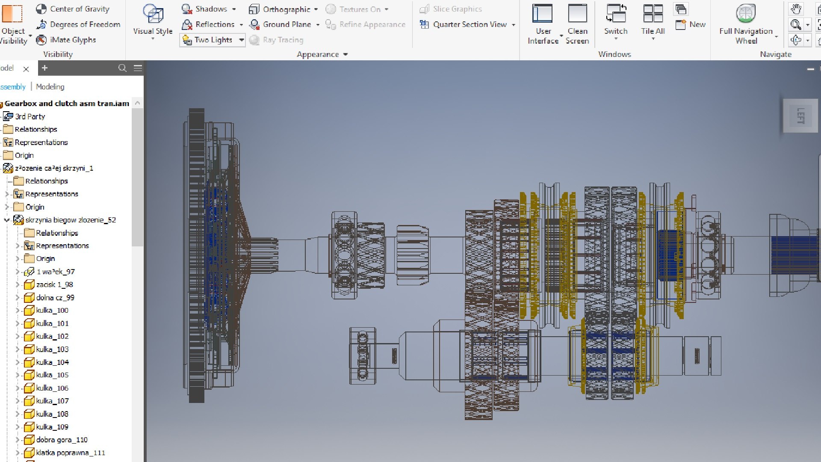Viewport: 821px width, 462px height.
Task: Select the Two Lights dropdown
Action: tap(213, 40)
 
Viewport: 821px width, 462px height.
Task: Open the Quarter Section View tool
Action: tap(469, 24)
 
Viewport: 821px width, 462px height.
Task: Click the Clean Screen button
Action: tap(577, 24)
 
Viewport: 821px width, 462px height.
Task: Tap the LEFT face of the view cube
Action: tap(800, 116)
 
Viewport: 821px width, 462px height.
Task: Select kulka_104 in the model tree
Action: tap(52, 362)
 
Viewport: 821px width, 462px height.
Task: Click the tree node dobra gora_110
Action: tap(62, 439)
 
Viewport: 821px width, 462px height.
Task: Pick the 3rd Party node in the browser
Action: tap(30, 116)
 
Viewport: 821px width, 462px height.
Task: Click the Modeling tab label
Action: tap(50, 86)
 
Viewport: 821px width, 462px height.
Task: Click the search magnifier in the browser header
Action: tap(122, 68)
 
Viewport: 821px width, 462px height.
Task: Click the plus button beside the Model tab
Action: tap(44, 68)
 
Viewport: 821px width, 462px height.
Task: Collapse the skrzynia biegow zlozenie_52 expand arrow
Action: tap(7, 220)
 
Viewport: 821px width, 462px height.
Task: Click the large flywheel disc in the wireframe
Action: tap(197, 257)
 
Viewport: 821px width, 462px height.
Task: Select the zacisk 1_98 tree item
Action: tap(54, 284)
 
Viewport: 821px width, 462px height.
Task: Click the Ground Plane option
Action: tap(286, 24)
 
